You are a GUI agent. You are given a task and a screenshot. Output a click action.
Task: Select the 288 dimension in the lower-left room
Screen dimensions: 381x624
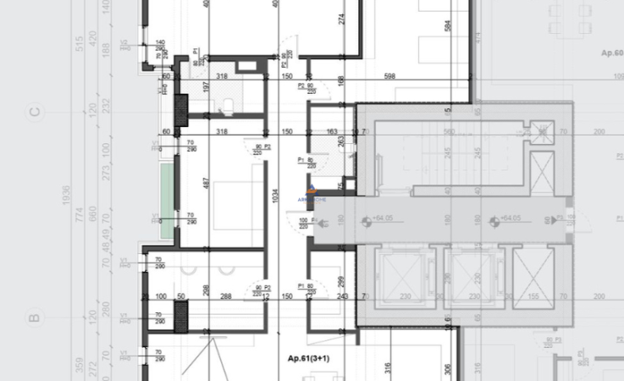[x=226, y=296]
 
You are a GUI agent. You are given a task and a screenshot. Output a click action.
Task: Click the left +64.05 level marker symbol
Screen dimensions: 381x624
[x=366, y=222]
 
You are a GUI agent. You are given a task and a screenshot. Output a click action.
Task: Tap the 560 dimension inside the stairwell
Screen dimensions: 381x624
[x=450, y=132]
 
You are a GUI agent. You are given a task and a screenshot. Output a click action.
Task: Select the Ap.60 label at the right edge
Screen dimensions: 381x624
[x=611, y=52]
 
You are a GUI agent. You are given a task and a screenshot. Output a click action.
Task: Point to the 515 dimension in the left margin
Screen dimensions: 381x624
[x=78, y=42]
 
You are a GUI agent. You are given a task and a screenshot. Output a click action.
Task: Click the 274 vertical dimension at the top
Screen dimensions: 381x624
[x=341, y=19]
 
